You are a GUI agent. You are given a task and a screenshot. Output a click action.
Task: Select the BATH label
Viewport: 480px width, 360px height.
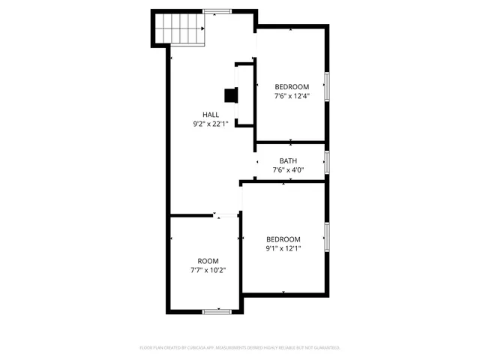[x=288, y=160]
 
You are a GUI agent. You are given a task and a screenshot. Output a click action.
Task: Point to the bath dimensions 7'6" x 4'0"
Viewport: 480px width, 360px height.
[x=288, y=169]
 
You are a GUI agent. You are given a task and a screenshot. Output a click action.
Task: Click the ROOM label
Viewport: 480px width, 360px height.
[x=208, y=261]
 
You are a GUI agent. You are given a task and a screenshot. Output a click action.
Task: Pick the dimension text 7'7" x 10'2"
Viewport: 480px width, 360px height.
[x=208, y=270]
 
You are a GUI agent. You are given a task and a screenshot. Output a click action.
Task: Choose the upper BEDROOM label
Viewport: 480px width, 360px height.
[x=291, y=87]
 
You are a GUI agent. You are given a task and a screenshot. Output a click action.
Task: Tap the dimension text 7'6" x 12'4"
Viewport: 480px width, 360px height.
[x=291, y=96]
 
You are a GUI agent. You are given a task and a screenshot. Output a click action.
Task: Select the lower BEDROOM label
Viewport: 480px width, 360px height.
[x=283, y=239]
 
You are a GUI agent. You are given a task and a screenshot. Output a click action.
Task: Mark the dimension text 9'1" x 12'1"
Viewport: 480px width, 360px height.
[x=283, y=248]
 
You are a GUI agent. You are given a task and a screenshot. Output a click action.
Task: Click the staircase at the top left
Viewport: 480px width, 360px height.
[x=180, y=30]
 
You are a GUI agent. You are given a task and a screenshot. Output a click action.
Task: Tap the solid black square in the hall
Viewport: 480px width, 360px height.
[x=231, y=95]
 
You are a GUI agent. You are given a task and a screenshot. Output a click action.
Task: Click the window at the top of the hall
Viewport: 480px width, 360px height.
[x=217, y=11]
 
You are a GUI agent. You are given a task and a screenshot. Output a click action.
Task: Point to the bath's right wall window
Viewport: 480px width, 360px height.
[x=326, y=161]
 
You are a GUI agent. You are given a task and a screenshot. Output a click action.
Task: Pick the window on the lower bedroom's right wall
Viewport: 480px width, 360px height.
[x=326, y=236]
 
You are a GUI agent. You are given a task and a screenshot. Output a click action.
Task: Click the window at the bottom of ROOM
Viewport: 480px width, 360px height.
[x=216, y=310]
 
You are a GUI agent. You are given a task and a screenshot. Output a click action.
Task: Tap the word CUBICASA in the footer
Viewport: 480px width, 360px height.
[x=196, y=348]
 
